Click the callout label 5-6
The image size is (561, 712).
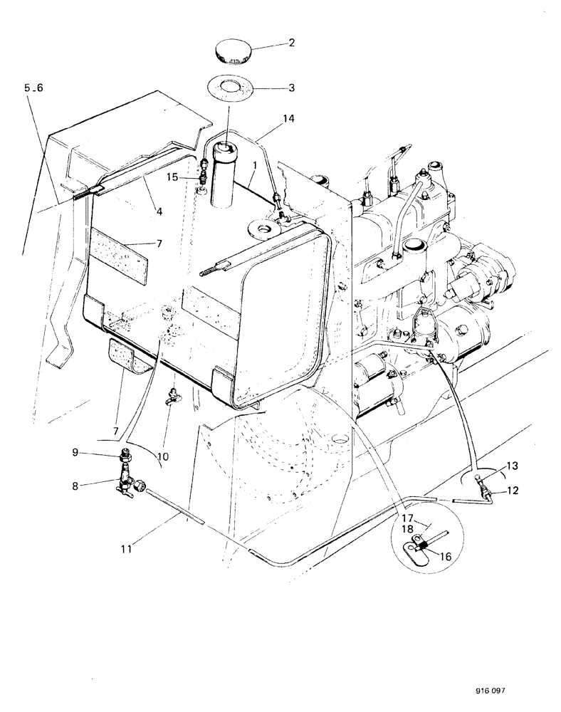pyautogui.click(x=33, y=88)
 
